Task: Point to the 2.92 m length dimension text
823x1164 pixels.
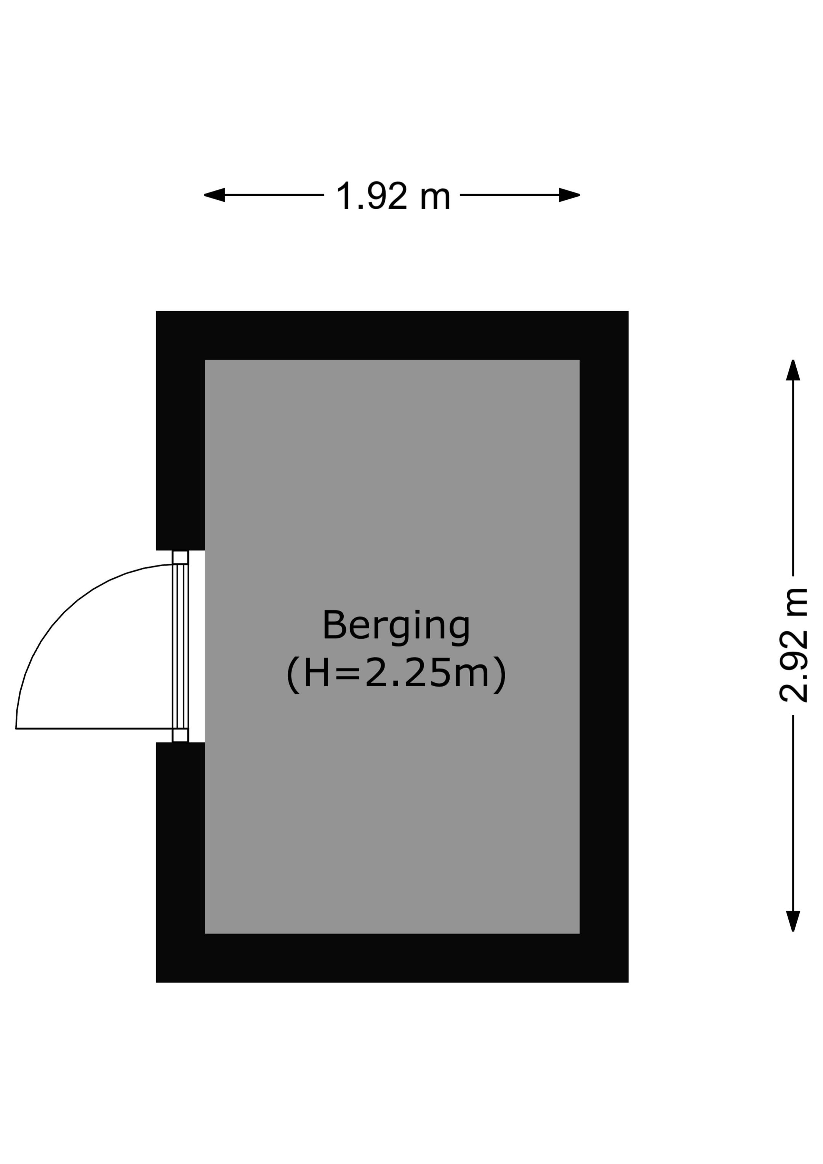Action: pyautogui.click(x=793, y=645)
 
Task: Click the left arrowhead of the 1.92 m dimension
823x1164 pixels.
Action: pyautogui.click(x=214, y=195)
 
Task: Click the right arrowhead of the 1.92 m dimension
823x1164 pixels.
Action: pyautogui.click(x=570, y=195)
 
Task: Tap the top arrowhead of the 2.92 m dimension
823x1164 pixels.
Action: pyautogui.click(x=793, y=370)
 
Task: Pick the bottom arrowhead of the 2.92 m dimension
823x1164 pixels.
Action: pyautogui.click(x=793, y=921)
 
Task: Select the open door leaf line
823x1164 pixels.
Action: pyautogui.click(x=94, y=729)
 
